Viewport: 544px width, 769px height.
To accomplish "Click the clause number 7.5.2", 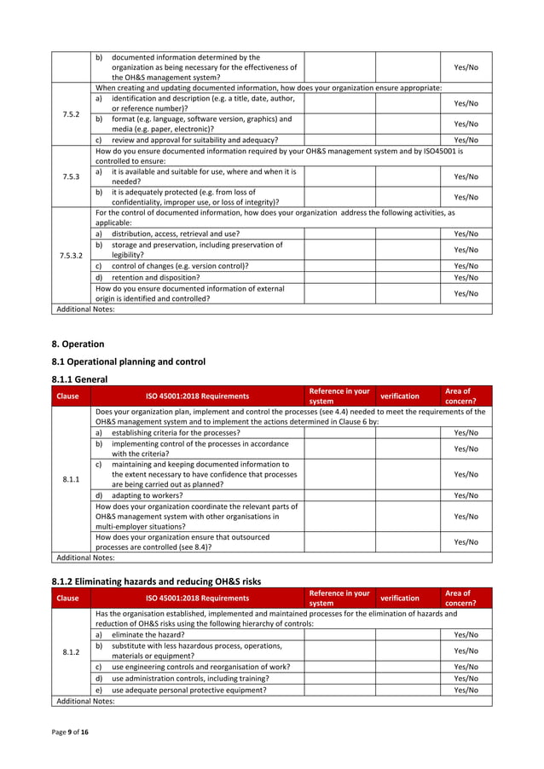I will tap(71, 115).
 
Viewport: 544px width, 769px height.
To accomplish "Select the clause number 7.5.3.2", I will tap(71, 255).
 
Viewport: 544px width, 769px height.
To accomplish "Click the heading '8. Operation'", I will tap(78, 344).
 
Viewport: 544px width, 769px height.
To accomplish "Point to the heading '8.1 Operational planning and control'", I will tap(129, 361).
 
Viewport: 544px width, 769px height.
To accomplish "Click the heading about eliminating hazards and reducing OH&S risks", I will tap(157, 581).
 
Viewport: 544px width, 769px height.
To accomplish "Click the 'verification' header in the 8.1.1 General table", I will tap(399, 396).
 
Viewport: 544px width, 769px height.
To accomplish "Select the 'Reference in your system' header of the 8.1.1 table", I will tap(339, 396).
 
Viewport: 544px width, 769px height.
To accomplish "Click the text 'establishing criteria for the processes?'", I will tap(176, 432).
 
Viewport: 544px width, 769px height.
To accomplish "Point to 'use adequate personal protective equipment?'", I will tap(188, 690).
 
